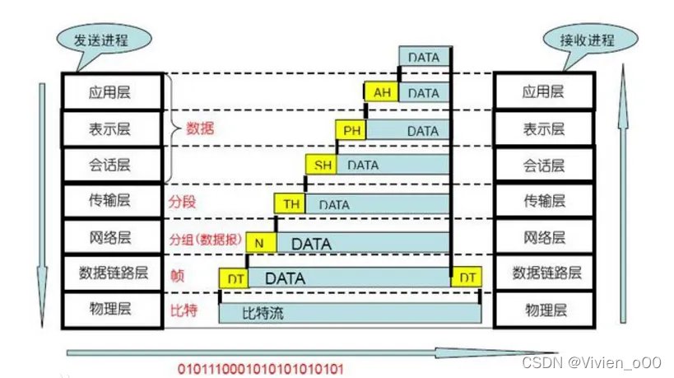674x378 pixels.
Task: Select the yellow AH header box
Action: tap(382, 93)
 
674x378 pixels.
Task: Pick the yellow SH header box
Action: tap(323, 165)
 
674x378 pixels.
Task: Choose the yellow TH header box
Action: tap(291, 203)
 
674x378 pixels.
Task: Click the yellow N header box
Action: tap(259, 243)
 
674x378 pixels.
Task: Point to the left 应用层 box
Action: tap(109, 92)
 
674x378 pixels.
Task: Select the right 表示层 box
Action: tap(544, 128)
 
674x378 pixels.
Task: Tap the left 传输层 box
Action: tap(109, 200)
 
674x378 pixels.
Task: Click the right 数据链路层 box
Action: tap(544, 272)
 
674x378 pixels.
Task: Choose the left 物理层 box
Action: tap(109, 309)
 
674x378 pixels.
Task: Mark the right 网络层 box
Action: tap(544, 237)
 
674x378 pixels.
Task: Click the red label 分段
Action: tap(183, 201)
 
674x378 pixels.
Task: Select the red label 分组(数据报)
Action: tap(205, 240)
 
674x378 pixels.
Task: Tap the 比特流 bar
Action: tap(350, 313)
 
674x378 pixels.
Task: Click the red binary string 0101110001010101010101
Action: tap(260, 368)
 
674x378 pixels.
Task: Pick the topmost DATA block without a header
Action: tap(425, 58)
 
